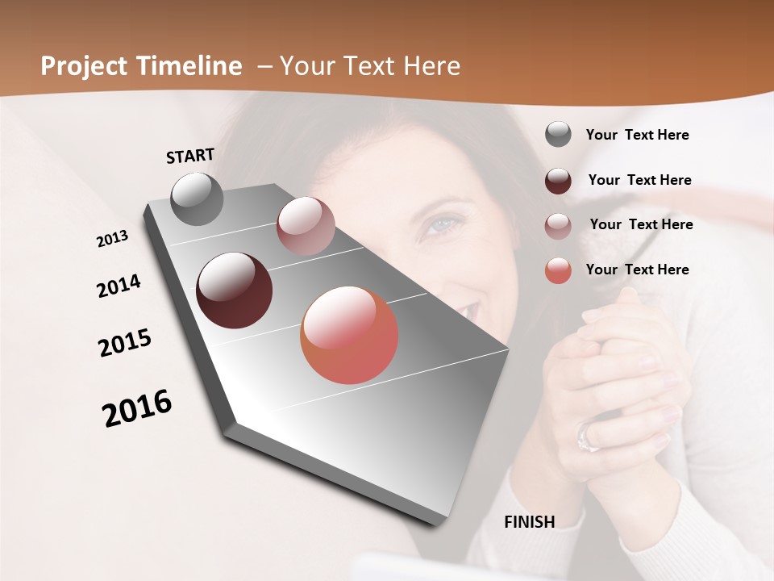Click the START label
[190, 156]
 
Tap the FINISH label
[530, 522]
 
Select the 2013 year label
[113, 239]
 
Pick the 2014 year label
[119, 286]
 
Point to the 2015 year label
[125, 343]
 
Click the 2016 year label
[137, 408]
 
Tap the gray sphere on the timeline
[198, 199]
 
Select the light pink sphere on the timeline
[306, 226]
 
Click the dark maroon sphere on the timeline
[235, 290]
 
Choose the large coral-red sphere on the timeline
[349, 335]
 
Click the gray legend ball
[558, 135]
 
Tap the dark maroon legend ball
[558, 181]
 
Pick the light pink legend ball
[558, 226]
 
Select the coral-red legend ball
[558, 271]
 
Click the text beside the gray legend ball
[637, 135]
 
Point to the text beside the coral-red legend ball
[637, 270]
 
